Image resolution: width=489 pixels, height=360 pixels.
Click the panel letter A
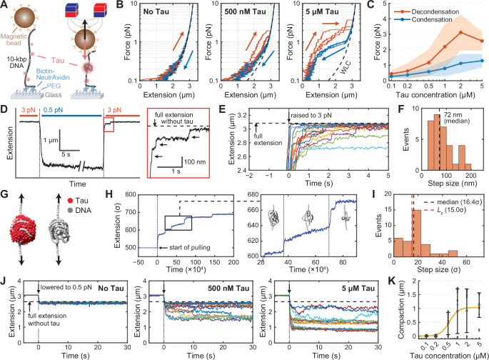[x=6, y=6]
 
